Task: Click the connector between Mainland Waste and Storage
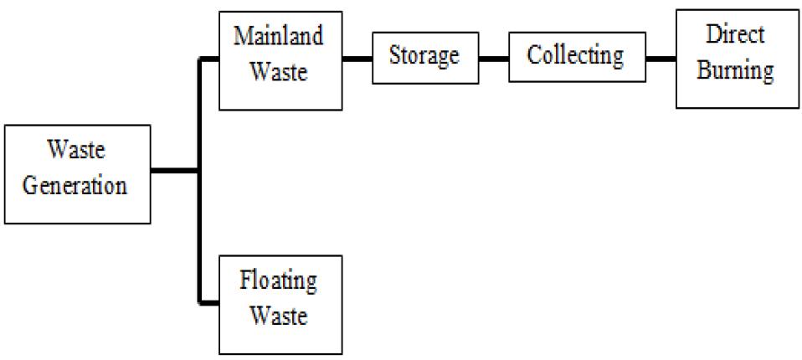358,59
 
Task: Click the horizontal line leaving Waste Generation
176,172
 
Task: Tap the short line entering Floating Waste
209,302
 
